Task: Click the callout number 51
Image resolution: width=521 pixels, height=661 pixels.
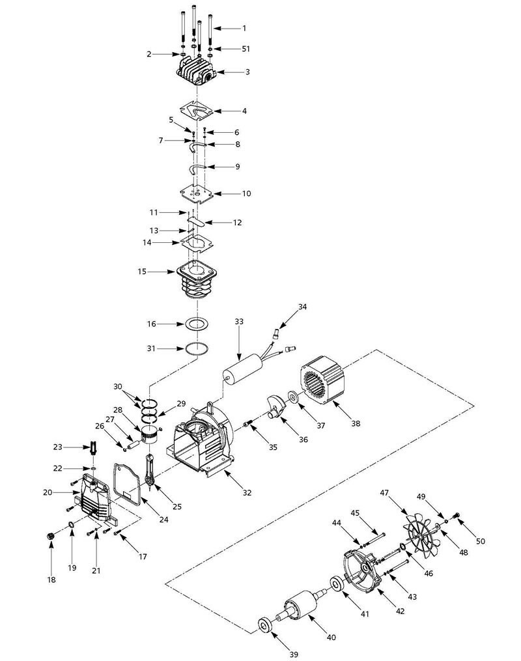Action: (x=246, y=49)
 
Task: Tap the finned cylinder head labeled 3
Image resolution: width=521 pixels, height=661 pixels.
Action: (x=195, y=72)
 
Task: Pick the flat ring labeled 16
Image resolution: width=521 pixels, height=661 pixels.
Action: (x=197, y=324)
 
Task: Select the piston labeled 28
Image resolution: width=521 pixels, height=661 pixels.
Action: (x=150, y=434)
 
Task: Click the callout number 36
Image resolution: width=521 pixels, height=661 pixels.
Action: (x=303, y=440)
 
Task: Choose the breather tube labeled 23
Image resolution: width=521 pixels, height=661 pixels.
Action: (x=92, y=447)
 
